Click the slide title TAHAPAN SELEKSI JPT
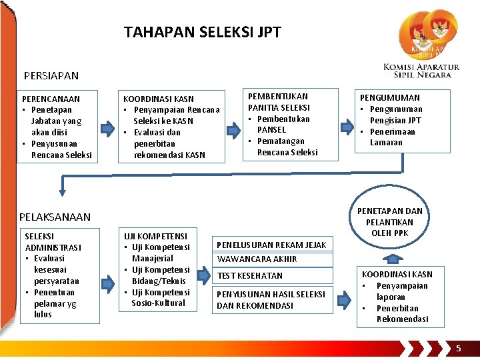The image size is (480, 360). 203,32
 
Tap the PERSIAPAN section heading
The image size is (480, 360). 51,76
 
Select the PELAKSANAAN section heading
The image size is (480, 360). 55,217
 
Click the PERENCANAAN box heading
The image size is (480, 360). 51,99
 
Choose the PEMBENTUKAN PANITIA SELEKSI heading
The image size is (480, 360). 278,102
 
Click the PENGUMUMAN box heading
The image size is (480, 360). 390,97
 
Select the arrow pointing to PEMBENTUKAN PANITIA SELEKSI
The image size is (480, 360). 232,126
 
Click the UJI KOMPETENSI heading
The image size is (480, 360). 155,236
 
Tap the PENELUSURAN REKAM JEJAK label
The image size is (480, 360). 271,245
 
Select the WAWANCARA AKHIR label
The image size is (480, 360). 257,259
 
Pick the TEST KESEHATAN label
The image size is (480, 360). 249,275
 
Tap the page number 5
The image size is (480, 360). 458,349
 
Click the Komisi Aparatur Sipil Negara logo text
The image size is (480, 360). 421,71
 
